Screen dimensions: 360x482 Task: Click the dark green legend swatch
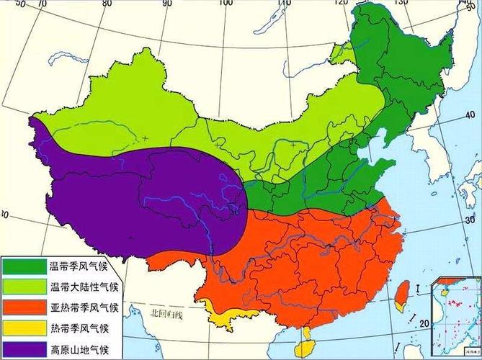(23, 266)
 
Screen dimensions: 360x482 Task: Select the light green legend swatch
(23, 287)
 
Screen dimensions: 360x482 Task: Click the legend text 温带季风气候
(79, 267)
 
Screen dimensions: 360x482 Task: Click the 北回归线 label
(167, 315)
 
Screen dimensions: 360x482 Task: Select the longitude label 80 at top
(107, 4)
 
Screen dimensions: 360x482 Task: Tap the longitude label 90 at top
(167, 4)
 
